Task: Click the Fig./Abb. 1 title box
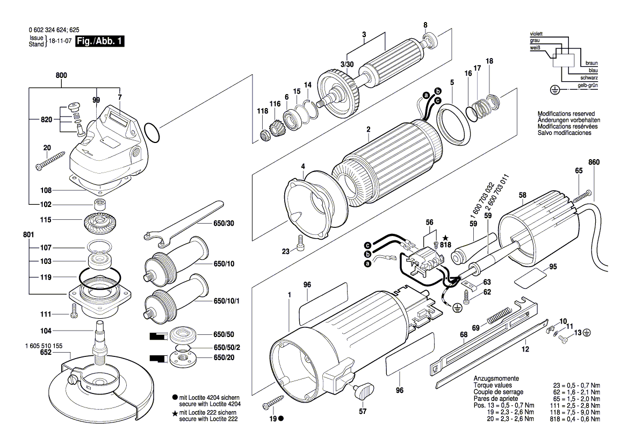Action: point(100,41)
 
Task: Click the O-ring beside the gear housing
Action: point(152,133)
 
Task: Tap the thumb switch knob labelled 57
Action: point(364,389)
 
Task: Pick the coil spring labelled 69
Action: point(498,314)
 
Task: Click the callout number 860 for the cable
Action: point(594,162)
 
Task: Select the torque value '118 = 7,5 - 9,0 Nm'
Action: point(568,412)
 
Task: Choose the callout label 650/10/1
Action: point(227,300)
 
